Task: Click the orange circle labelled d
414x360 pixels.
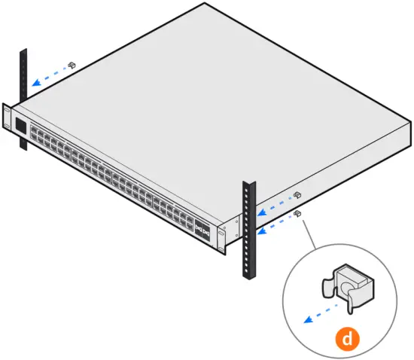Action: pos(346,339)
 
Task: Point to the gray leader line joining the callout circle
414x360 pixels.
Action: pos(309,233)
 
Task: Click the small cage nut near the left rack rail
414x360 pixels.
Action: pos(72,66)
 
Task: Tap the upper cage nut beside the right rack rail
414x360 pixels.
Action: pos(297,195)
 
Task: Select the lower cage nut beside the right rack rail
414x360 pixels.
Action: pos(298,213)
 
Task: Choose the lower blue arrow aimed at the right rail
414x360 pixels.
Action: pos(274,224)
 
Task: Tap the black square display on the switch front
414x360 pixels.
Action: pos(20,127)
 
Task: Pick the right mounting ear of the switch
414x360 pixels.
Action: pos(222,236)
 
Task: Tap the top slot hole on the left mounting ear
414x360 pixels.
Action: pos(7,111)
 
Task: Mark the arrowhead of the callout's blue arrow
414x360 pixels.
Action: pos(305,319)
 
